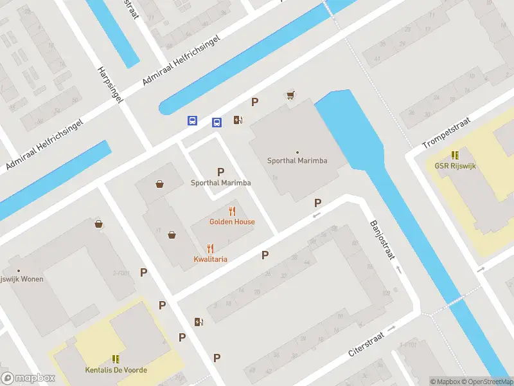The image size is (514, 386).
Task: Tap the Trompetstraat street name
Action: [447, 133]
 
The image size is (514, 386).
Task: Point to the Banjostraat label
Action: [382, 240]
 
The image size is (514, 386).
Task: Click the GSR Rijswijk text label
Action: [454, 165]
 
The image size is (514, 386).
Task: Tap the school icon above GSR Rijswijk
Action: [455, 154]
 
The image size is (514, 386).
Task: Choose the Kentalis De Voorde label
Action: [116, 370]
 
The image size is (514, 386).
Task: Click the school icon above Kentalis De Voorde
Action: [116, 359]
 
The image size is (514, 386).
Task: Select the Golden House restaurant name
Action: [232, 222]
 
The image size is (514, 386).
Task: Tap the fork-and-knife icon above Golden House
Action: [232, 211]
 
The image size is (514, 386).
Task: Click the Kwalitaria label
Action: [210, 259]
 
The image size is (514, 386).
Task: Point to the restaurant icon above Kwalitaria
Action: [210, 248]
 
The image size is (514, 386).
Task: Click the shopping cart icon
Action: [290, 95]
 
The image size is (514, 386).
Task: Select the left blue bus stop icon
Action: [192, 121]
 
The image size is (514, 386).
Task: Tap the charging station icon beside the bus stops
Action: [238, 119]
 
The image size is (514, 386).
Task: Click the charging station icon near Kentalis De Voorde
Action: [199, 322]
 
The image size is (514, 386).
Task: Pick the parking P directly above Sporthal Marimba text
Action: [220, 172]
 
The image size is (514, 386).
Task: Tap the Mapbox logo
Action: [28, 378]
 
